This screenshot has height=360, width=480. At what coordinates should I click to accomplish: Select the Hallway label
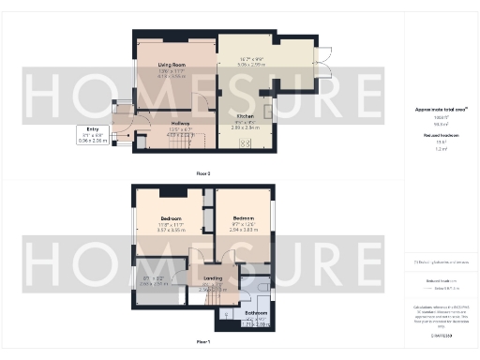(181, 123)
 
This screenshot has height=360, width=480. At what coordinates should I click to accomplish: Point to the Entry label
(93, 128)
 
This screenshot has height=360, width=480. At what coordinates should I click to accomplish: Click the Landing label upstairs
(213, 279)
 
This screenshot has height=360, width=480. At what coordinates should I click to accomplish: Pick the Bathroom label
(256, 311)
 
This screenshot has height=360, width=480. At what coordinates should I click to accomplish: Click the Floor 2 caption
(203, 173)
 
